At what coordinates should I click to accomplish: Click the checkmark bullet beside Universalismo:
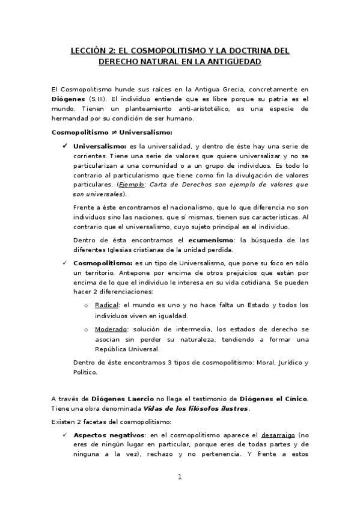click(x=64, y=146)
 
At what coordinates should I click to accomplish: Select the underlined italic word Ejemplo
click(x=130, y=185)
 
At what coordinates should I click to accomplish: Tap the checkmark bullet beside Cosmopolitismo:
click(x=64, y=263)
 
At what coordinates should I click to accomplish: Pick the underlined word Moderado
click(x=111, y=330)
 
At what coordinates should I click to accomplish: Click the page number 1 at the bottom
click(x=179, y=478)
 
